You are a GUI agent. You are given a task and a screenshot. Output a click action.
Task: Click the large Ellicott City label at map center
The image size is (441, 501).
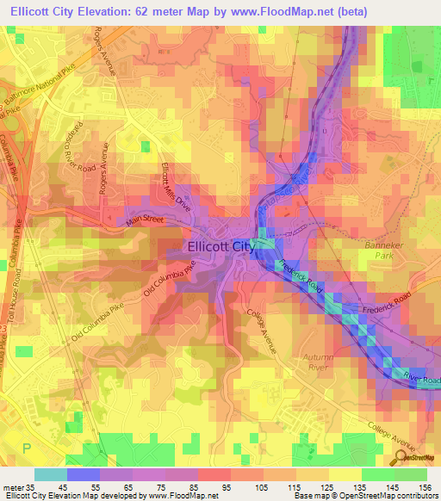(222, 247)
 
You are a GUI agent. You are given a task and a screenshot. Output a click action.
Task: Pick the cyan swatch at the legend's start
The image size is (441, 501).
(51, 473)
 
